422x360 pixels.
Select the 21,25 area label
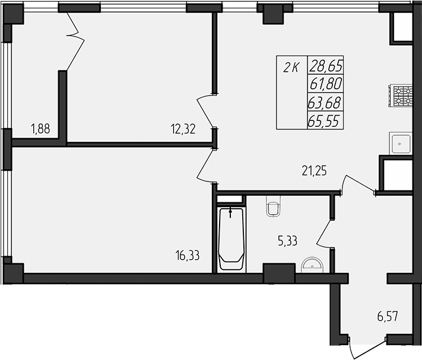pos(313,171)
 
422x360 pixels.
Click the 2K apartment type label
pos(291,68)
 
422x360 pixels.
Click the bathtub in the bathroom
pos(231,240)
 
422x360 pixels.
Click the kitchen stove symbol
pos(402,96)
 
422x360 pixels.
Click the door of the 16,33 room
pos(207,165)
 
